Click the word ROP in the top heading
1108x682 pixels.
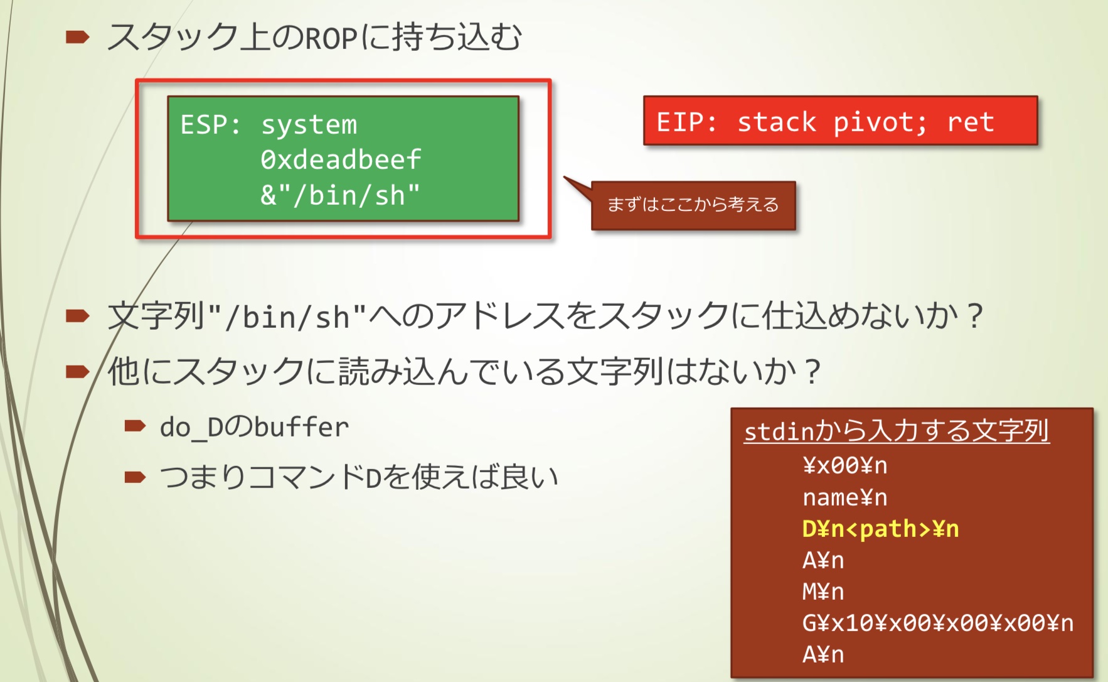coord(331,38)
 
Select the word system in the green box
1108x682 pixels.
coord(309,125)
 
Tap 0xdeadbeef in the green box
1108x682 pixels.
coord(341,160)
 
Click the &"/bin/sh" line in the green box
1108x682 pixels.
coord(340,195)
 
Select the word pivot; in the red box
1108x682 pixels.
coord(880,122)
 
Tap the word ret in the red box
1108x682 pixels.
coord(971,122)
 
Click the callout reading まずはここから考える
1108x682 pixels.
coord(693,205)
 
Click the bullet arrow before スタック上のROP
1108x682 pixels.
coord(77,38)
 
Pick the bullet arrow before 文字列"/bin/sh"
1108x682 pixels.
coord(77,315)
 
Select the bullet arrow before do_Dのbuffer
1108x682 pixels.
coord(135,427)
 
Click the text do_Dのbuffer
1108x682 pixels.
coord(254,428)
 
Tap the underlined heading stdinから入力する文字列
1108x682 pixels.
coord(896,431)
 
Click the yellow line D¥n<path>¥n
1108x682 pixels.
coord(880,529)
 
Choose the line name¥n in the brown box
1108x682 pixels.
coord(844,497)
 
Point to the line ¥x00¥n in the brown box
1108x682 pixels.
coord(844,465)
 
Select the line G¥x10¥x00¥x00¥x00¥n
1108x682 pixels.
coord(937,623)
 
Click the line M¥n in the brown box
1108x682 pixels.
coord(823,592)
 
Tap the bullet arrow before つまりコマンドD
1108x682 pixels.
coord(135,478)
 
